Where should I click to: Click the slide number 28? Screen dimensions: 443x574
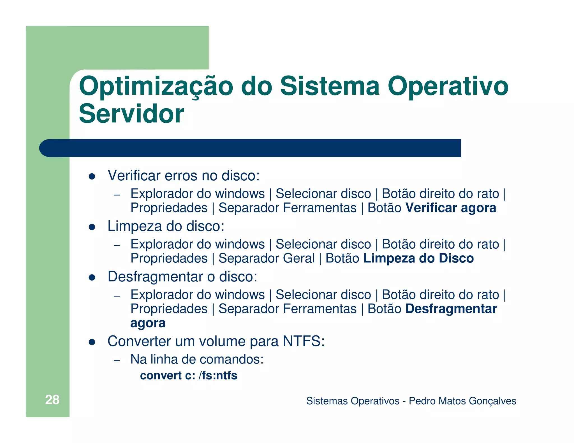click(52, 400)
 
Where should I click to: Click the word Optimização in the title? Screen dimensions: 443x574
click(156, 87)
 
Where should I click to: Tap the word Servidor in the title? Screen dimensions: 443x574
click(131, 114)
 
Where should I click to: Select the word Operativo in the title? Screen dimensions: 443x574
click(448, 86)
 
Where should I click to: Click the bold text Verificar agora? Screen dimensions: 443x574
click(451, 208)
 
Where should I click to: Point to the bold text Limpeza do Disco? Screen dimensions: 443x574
click(418, 258)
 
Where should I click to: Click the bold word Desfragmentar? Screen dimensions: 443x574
click(451, 309)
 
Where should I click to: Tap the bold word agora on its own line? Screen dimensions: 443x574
click(148, 323)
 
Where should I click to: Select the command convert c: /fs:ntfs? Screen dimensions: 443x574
click(189, 376)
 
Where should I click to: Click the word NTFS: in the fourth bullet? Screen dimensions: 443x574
click(304, 341)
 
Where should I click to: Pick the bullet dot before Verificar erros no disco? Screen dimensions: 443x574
click(92, 176)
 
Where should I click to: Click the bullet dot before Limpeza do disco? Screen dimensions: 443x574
click(92, 227)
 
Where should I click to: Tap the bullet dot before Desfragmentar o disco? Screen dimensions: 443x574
click(92, 278)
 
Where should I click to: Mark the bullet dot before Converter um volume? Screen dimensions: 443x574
click(92, 342)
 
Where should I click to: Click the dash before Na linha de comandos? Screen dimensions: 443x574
click(117, 360)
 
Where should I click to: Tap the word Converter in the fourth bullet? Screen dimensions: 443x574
click(139, 341)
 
